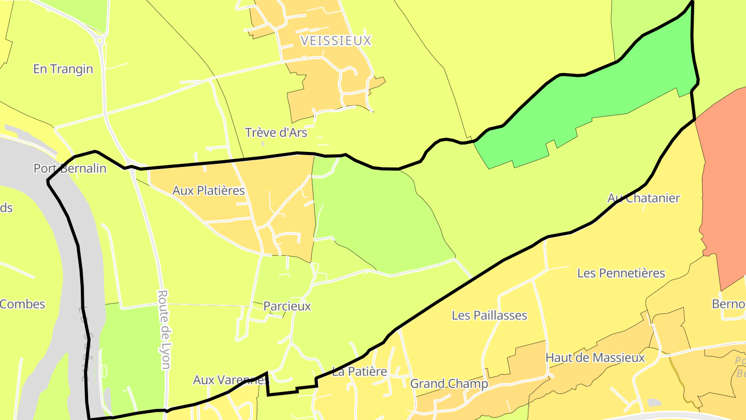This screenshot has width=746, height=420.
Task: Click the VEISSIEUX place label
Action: coord(336,40)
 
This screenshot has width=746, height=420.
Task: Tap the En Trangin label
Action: coord(63,69)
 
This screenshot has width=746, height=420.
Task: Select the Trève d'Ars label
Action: coord(276,133)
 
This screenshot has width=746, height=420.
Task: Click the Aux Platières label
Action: coord(208,191)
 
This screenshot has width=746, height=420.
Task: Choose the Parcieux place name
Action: coord(287,306)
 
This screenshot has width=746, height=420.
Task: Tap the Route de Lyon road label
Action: coord(164,329)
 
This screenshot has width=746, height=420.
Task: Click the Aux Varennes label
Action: coord(231,380)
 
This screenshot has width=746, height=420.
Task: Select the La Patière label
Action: coord(360,371)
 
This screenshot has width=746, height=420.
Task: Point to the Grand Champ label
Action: coord(449,384)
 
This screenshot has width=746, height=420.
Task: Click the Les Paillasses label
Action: coord(489,315)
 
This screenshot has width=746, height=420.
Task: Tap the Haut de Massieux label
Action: coord(595,358)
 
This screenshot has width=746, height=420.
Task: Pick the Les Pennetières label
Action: coord(621,273)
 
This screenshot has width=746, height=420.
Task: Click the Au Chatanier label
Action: coord(643,198)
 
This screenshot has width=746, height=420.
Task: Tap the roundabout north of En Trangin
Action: coord(100,39)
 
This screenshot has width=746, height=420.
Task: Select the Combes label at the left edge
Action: coord(22,304)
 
